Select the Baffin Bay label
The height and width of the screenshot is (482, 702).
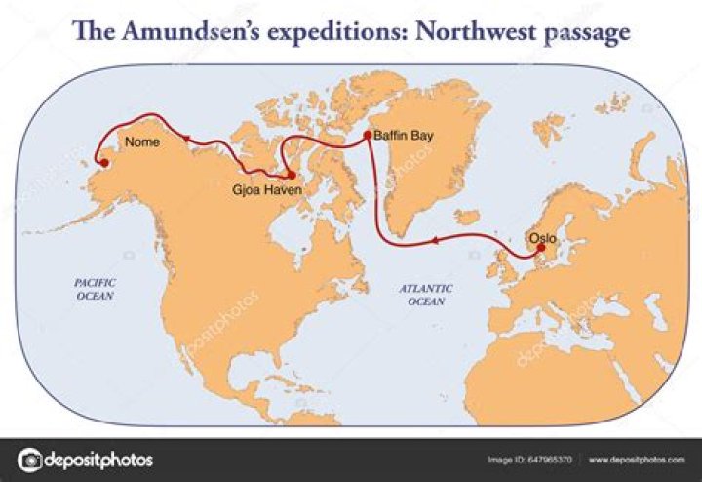click(x=403, y=137)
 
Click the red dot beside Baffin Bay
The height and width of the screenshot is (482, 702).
click(x=367, y=136)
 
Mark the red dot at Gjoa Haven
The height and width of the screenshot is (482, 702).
click(x=291, y=175)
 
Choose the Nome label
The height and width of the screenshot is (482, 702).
click(x=142, y=142)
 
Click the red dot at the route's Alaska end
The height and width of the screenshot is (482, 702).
click(x=97, y=163)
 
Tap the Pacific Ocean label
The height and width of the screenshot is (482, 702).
click(x=95, y=288)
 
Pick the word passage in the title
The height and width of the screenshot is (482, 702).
click(x=586, y=32)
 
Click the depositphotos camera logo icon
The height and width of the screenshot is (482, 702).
click(x=31, y=460)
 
